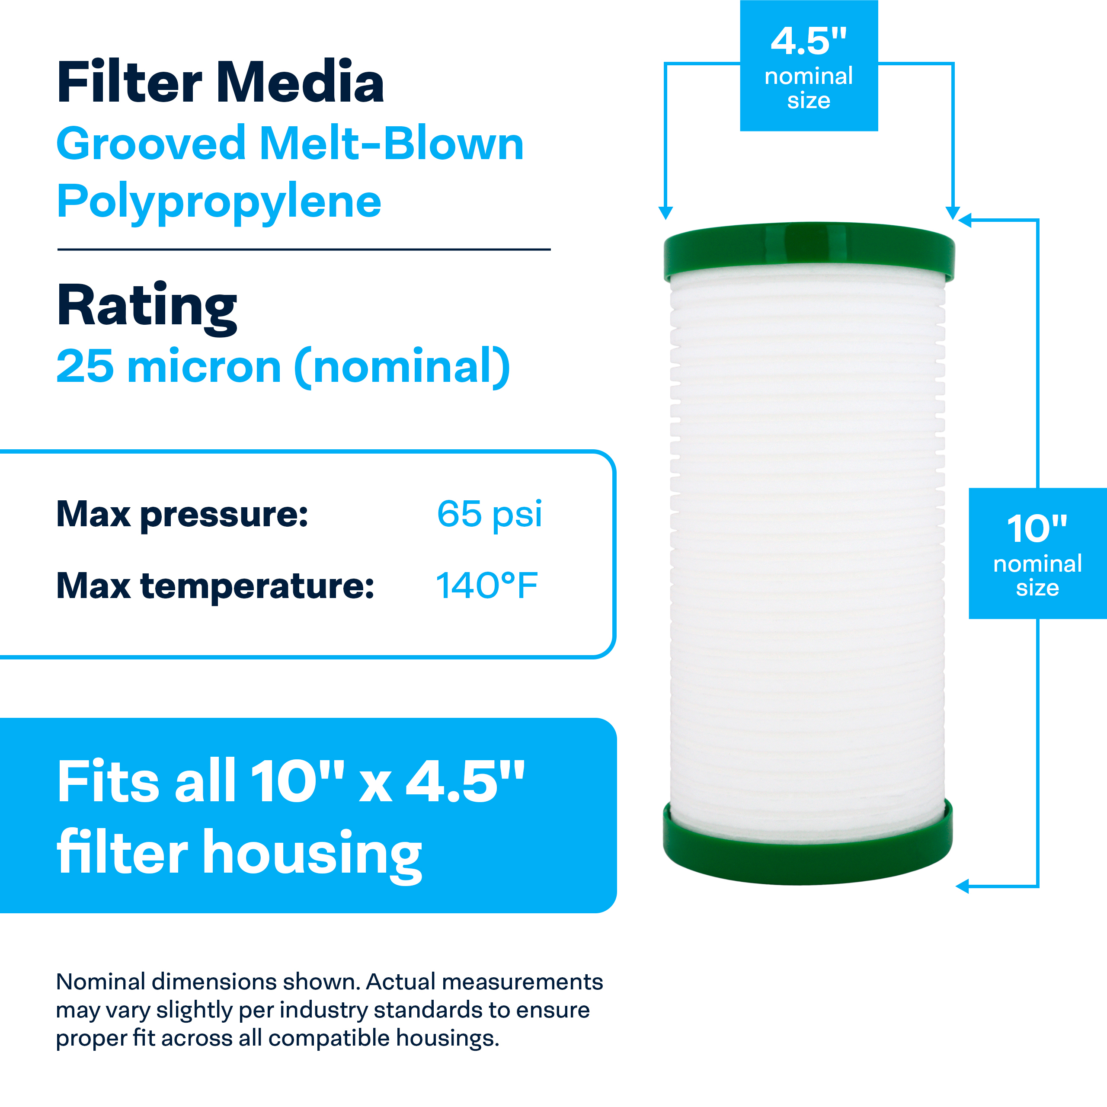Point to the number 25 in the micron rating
[x=85, y=366]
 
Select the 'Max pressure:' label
[x=182, y=515]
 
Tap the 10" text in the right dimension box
[x=1037, y=528]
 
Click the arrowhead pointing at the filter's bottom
[x=963, y=886]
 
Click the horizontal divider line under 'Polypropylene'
[x=304, y=249]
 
